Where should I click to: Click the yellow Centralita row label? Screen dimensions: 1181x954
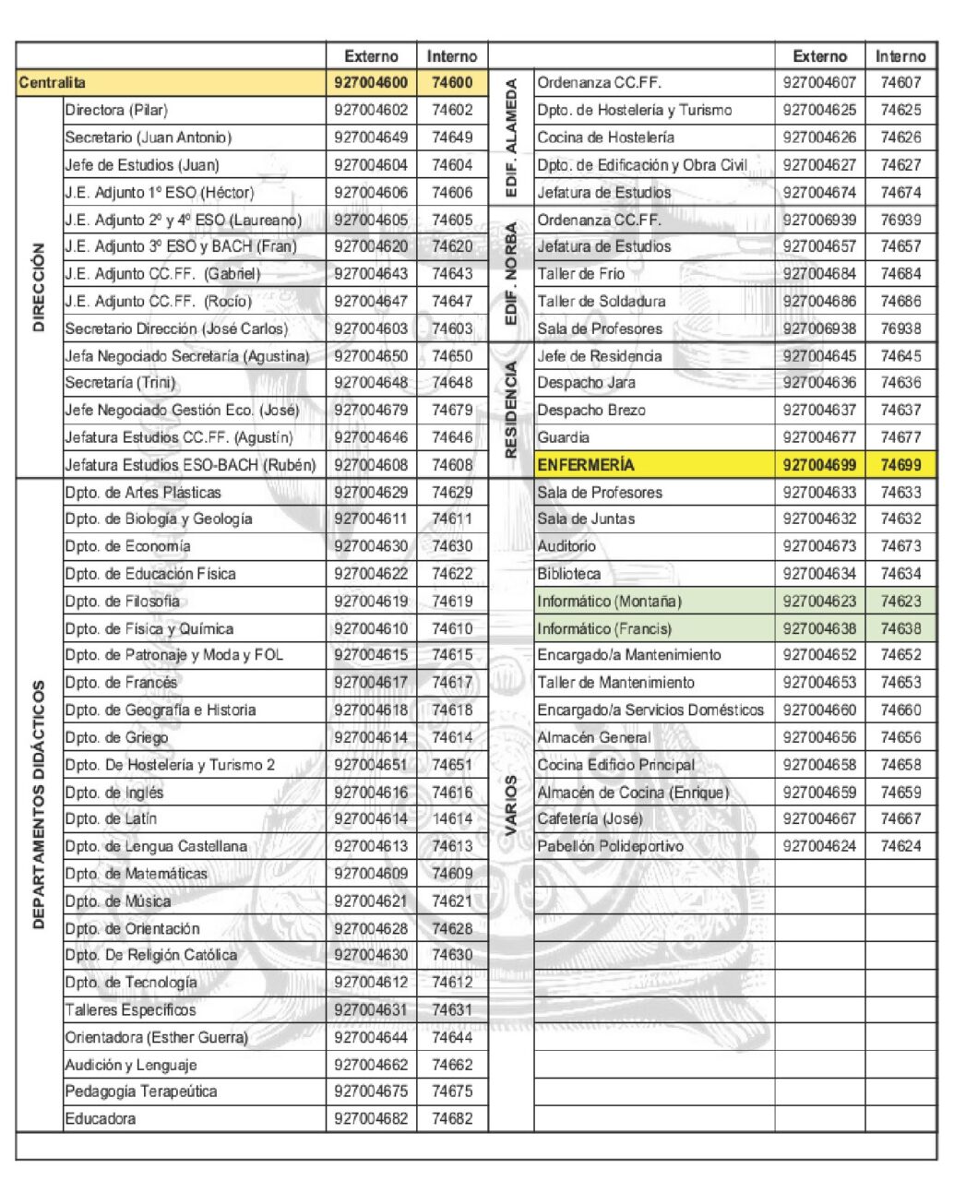(52, 83)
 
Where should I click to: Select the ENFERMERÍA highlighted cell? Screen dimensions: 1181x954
(586, 465)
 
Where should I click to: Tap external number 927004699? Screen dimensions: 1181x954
(818, 465)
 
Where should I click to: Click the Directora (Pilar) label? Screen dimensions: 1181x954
(116, 110)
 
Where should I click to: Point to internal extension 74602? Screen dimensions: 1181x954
(452, 110)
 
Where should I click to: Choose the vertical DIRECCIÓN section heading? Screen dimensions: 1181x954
(39, 287)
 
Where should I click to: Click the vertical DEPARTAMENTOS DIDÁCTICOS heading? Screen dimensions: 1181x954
(39, 805)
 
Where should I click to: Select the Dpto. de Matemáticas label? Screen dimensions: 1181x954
(136, 874)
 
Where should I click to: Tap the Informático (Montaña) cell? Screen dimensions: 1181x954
(609, 602)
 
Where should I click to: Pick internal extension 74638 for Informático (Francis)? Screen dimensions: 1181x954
(900, 629)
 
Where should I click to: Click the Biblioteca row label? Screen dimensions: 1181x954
(568, 574)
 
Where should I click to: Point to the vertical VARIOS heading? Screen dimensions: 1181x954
(511, 805)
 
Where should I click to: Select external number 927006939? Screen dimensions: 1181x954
(818, 220)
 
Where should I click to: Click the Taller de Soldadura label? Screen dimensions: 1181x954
(601, 302)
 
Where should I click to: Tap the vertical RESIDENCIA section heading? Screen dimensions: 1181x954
(511, 410)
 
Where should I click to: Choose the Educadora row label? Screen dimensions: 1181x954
(100, 1119)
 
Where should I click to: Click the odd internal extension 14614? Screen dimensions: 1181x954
(452, 819)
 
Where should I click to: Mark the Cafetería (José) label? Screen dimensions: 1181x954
(590, 819)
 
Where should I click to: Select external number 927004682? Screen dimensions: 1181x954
(371, 1119)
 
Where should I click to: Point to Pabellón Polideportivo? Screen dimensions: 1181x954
(610, 846)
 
